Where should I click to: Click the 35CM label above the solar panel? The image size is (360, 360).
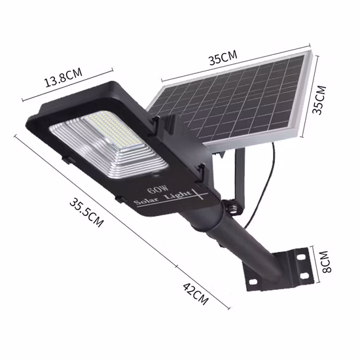click(x=223, y=58)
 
